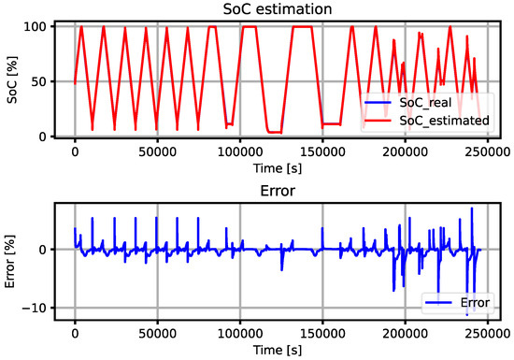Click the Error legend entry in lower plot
[x=472, y=302]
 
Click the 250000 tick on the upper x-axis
[x=488, y=151]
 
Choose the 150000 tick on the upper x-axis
[x=322, y=151]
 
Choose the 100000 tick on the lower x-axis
[x=240, y=332]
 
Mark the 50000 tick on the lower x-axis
[x=157, y=332]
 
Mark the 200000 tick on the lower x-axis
[x=405, y=332]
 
